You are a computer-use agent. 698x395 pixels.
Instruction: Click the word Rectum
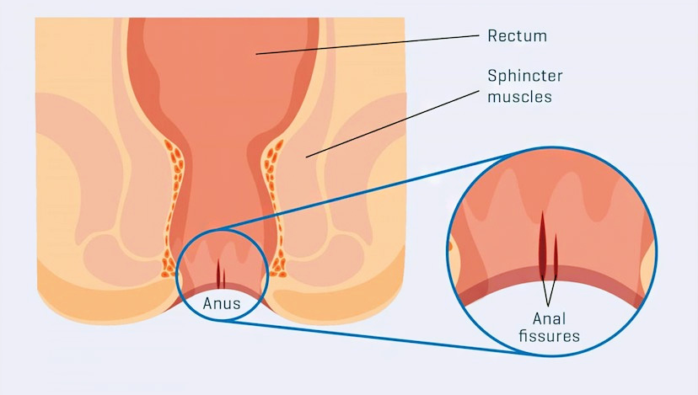[517, 36]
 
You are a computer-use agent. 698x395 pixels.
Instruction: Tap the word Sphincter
[524, 76]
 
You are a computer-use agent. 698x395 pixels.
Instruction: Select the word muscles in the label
[519, 96]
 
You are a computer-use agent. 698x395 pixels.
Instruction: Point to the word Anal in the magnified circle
[550, 319]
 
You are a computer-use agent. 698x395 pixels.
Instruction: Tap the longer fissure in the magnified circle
[541, 244]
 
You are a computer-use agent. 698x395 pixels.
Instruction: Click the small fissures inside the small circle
[221, 273]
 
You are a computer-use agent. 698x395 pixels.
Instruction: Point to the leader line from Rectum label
[371, 45]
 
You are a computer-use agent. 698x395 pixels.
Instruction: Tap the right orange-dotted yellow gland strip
[273, 194]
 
